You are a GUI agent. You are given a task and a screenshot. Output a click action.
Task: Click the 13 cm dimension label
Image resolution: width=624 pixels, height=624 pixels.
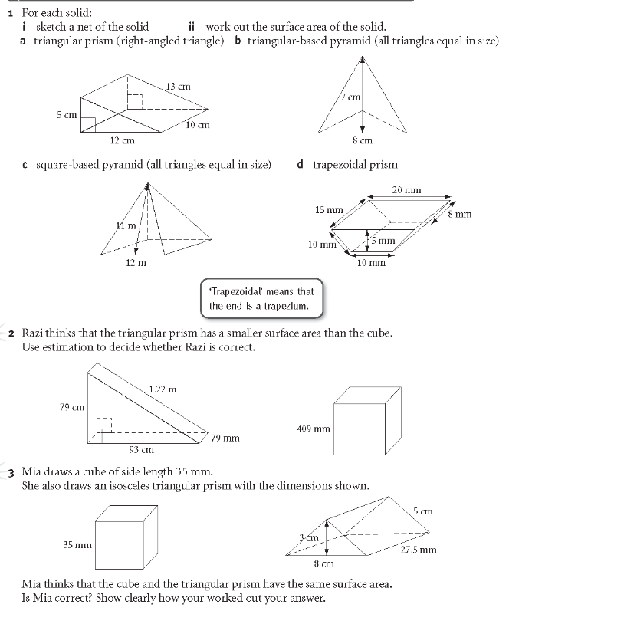pyautogui.click(x=178, y=87)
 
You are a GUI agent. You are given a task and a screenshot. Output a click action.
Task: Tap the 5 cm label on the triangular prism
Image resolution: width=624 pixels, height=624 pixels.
pyautogui.click(x=67, y=115)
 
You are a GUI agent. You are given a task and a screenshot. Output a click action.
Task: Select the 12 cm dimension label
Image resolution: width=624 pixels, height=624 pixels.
pyautogui.click(x=122, y=140)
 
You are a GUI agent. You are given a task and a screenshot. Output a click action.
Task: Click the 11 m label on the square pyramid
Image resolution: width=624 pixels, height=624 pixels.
pyautogui.click(x=126, y=225)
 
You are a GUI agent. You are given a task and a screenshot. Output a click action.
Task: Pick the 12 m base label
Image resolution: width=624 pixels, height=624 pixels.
pyautogui.click(x=136, y=262)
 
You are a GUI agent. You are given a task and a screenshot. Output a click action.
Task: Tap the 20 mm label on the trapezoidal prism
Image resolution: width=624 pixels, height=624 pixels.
pyautogui.click(x=406, y=190)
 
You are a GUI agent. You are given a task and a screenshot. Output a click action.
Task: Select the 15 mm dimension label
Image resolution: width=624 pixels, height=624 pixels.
pyautogui.click(x=329, y=209)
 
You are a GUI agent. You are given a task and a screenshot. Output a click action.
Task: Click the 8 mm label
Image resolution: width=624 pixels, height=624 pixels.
pyautogui.click(x=460, y=214)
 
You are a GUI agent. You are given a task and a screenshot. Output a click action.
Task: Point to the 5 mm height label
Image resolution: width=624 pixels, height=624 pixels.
pyautogui.click(x=383, y=241)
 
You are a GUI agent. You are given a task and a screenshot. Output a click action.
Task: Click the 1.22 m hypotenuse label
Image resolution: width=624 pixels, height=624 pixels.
pyautogui.click(x=163, y=389)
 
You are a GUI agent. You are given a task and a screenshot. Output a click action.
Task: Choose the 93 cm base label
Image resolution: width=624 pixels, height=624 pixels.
pyautogui.click(x=141, y=449)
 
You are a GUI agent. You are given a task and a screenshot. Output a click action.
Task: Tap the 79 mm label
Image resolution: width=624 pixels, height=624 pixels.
pyautogui.click(x=225, y=438)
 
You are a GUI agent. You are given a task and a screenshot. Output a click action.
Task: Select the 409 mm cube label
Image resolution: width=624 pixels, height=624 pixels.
pyautogui.click(x=313, y=429)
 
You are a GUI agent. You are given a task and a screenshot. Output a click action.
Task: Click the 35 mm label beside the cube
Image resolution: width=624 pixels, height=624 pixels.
pyautogui.click(x=77, y=545)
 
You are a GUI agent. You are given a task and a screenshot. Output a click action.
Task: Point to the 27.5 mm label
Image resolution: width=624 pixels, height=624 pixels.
pyautogui.click(x=419, y=549)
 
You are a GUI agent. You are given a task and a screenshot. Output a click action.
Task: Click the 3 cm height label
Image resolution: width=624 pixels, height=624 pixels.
pyautogui.click(x=309, y=537)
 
